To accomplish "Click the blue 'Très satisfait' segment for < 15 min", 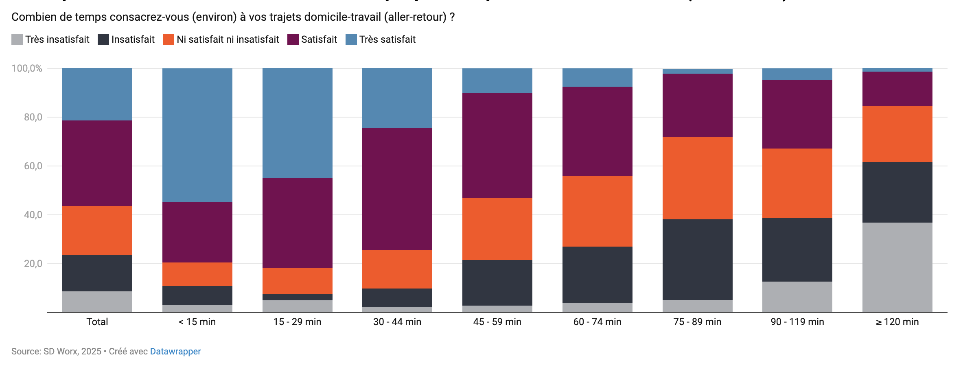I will (197, 135).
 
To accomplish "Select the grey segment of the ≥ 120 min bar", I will (897, 267).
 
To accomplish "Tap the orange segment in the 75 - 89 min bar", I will (697, 178).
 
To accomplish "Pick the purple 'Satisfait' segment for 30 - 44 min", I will (397, 189).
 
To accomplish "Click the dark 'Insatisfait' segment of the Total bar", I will (97, 273).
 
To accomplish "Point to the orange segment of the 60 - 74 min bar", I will (597, 211).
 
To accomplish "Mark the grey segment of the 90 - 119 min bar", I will (797, 297).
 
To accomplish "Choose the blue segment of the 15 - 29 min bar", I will (297, 123).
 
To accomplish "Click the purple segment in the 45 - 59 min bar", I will (497, 145).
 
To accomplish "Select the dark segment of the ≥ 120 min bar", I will (897, 192).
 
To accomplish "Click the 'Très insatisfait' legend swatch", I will (17, 39).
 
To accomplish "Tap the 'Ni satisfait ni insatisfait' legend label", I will (228, 39).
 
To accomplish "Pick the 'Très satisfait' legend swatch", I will (351, 39).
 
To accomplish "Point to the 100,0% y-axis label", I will (27, 68).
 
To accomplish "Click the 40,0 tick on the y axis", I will (33, 215).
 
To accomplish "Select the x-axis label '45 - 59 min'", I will (497, 322).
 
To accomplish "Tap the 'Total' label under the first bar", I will (97, 322).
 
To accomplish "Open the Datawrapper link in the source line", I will (175, 351).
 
